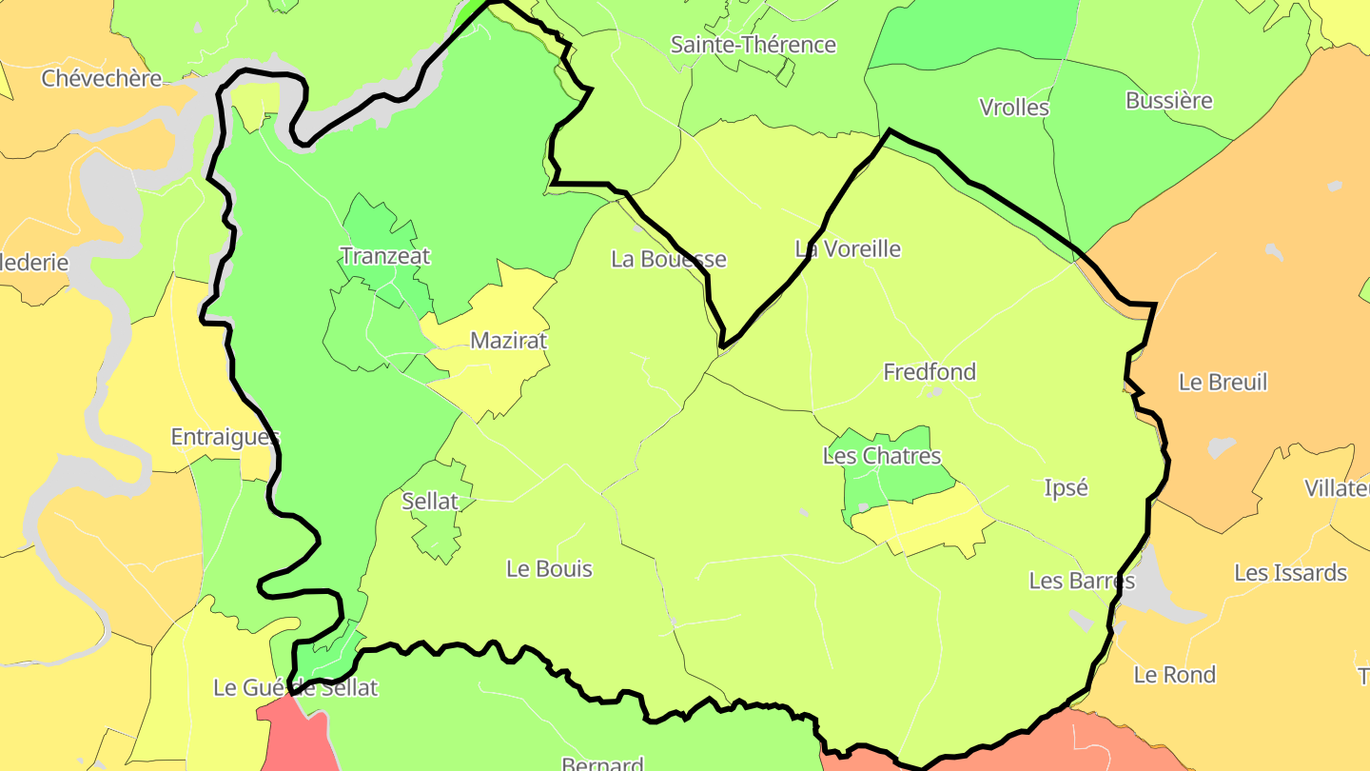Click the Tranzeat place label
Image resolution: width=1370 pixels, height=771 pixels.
[x=384, y=256]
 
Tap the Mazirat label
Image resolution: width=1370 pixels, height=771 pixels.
[x=509, y=341]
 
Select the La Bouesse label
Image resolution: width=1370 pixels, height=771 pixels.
[x=668, y=259]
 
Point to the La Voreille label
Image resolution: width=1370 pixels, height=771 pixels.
[x=847, y=249]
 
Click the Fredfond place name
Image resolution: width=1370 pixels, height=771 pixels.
[x=930, y=372]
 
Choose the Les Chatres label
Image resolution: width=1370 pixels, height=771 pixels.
[x=881, y=456]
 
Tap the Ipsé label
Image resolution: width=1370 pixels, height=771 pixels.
[x=1066, y=487]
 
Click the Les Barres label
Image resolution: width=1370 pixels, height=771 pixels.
[x=1082, y=581]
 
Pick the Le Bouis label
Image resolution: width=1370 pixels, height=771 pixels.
[x=549, y=569]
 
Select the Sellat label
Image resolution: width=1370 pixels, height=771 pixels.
[x=430, y=501]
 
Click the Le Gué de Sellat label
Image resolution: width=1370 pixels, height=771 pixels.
[x=295, y=687]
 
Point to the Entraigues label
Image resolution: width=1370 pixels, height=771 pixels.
[x=225, y=437]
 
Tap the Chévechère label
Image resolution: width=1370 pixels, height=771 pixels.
[x=102, y=79]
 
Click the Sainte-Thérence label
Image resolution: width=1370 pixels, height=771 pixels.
[x=753, y=45]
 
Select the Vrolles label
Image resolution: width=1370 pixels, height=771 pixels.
[x=1014, y=108]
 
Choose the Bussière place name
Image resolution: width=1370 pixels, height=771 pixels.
[x=1168, y=101]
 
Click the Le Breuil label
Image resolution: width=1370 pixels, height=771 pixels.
[x=1223, y=383]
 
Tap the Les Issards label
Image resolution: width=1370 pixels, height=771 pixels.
[x=1290, y=573]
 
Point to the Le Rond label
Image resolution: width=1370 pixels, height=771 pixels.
[x=1174, y=675]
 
